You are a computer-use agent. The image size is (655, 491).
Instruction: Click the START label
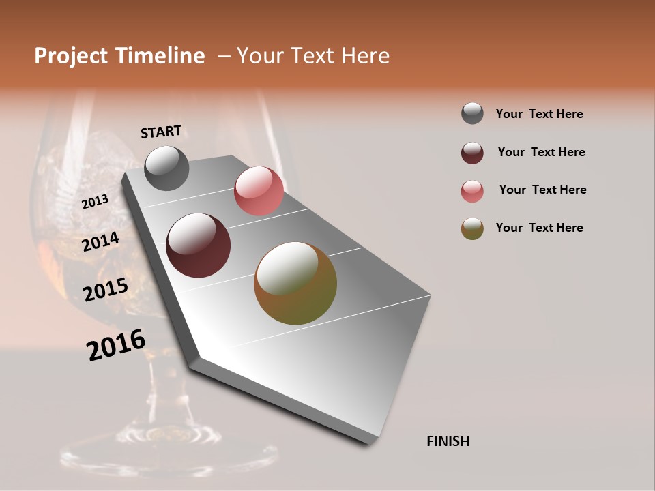(161, 131)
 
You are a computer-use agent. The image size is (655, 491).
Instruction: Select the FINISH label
(448, 441)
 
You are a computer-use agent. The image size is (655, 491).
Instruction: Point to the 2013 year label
(96, 202)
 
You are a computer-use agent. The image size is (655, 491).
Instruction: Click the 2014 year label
(101, 241)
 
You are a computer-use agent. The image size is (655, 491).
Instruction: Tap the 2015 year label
(106, 290)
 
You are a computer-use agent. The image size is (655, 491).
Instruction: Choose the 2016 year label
(116, 345)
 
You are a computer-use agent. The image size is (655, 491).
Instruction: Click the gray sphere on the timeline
(166, 168)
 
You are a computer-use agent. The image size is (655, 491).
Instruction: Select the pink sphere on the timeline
(259, 191)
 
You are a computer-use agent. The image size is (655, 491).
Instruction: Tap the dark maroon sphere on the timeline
(199, 245)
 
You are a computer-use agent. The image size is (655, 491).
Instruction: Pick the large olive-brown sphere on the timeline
(295, 283)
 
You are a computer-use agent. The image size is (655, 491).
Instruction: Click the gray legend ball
(472, 114)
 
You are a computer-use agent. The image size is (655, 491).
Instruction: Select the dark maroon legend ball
(472, 153)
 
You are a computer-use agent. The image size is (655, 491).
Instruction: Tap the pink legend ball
(472, 191)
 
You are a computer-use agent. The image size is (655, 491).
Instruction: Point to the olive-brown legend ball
(472, 228)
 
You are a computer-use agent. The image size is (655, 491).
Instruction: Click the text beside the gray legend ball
(539, 115)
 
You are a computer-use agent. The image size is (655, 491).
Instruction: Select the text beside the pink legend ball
(542, 190)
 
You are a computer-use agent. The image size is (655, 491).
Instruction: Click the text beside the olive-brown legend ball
(539, 228)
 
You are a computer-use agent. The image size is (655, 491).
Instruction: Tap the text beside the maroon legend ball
(541, 152)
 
